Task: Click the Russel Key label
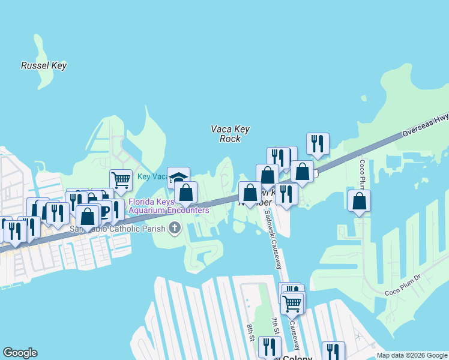(43, 65)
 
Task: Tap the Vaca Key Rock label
(230, 134)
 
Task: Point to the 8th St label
(250, 332)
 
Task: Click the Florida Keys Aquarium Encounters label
(168, 206)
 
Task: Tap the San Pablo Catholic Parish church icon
(175, 227)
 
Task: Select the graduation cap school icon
(178, 178)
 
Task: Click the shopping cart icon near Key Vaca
(121, 179)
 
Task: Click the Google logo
(20, 353)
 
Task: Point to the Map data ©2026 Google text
(411, 355)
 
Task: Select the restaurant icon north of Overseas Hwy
(318, 143)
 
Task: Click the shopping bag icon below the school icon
(186, 193)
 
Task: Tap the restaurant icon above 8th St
(270, 346)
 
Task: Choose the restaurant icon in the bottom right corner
(333, 351)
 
